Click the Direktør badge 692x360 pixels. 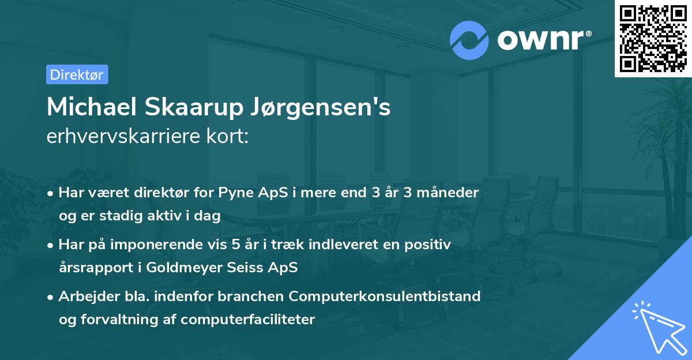click(x=77, y=74)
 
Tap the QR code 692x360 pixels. click(x=653, y=38)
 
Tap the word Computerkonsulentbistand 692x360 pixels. click(x=385, y=297)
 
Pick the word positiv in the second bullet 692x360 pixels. click(x=430, y=245)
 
